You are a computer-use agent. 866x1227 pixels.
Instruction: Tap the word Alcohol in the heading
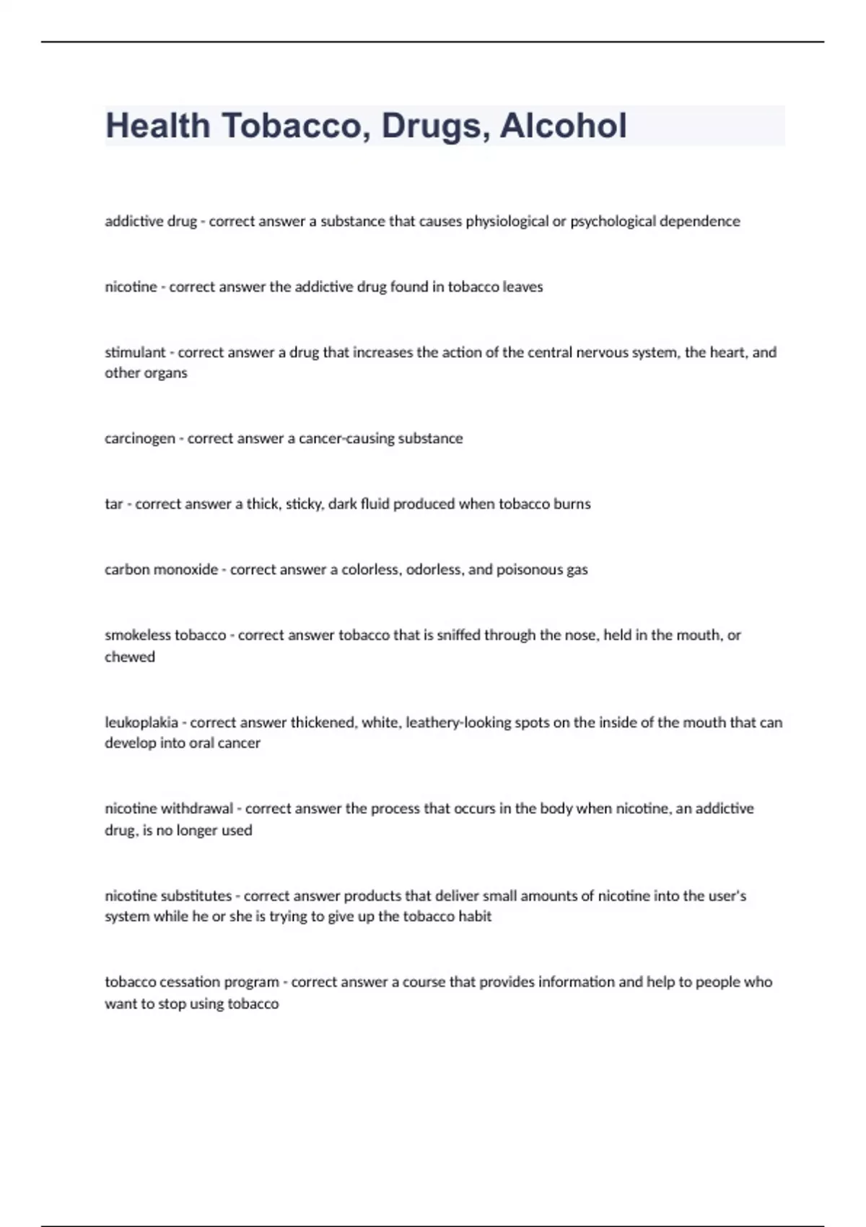coord(563,126)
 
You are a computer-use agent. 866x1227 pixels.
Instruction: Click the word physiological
coord(507,222)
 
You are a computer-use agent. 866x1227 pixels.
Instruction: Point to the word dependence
coord(699,222)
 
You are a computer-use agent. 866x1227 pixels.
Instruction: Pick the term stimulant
coord(135,352)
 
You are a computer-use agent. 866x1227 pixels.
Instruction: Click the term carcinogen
coord(140,439)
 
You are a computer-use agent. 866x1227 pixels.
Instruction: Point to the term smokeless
coord(137,635)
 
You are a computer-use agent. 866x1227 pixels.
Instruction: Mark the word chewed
coord(130,657)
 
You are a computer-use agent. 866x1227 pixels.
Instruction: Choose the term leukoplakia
coord(141,722)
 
